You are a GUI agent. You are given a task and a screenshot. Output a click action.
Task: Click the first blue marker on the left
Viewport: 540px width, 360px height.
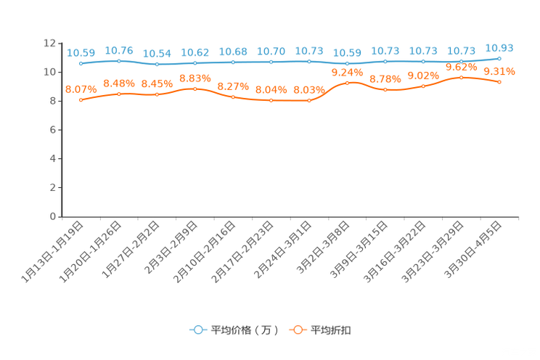tap(81, 64)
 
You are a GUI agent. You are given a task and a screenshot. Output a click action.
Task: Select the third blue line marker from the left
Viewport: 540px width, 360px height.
tap(157, 65)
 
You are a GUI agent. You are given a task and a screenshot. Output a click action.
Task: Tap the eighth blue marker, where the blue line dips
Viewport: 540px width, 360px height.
tap(348, 64)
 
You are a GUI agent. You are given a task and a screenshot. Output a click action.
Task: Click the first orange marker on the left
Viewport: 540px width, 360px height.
tap(81, 100)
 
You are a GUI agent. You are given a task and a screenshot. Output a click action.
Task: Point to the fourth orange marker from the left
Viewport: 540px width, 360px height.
tap(195, 89)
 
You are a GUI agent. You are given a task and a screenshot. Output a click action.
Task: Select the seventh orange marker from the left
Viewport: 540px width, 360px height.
tap(309, 101)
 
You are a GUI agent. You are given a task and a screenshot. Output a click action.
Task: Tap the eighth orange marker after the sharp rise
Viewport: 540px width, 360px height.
tap(348, 83)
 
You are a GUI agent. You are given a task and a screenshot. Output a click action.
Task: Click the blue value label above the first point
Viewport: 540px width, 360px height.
tap(81, 53)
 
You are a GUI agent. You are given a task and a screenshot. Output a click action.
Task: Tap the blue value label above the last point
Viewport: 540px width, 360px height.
tap(499, 48)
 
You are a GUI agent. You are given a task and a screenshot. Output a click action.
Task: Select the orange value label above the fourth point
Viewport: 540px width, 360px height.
tap(195, 77)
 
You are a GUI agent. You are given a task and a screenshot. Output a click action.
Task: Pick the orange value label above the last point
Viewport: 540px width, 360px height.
tap(499, 71)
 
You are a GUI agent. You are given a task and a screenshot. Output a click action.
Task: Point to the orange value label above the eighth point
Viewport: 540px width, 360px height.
tap(347, 72)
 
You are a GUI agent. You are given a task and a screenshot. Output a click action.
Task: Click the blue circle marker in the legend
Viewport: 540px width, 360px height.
tap(197, 330)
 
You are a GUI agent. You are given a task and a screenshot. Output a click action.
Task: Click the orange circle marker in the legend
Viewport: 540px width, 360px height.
tap(298, 330)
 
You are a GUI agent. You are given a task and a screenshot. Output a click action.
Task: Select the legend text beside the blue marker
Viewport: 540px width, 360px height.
tap(244, 330)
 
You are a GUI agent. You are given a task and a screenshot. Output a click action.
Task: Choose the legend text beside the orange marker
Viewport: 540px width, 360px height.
tap(332, 330)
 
